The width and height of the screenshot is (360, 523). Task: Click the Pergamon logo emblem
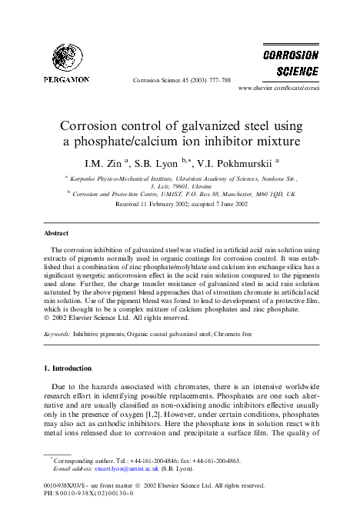point(68,56)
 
